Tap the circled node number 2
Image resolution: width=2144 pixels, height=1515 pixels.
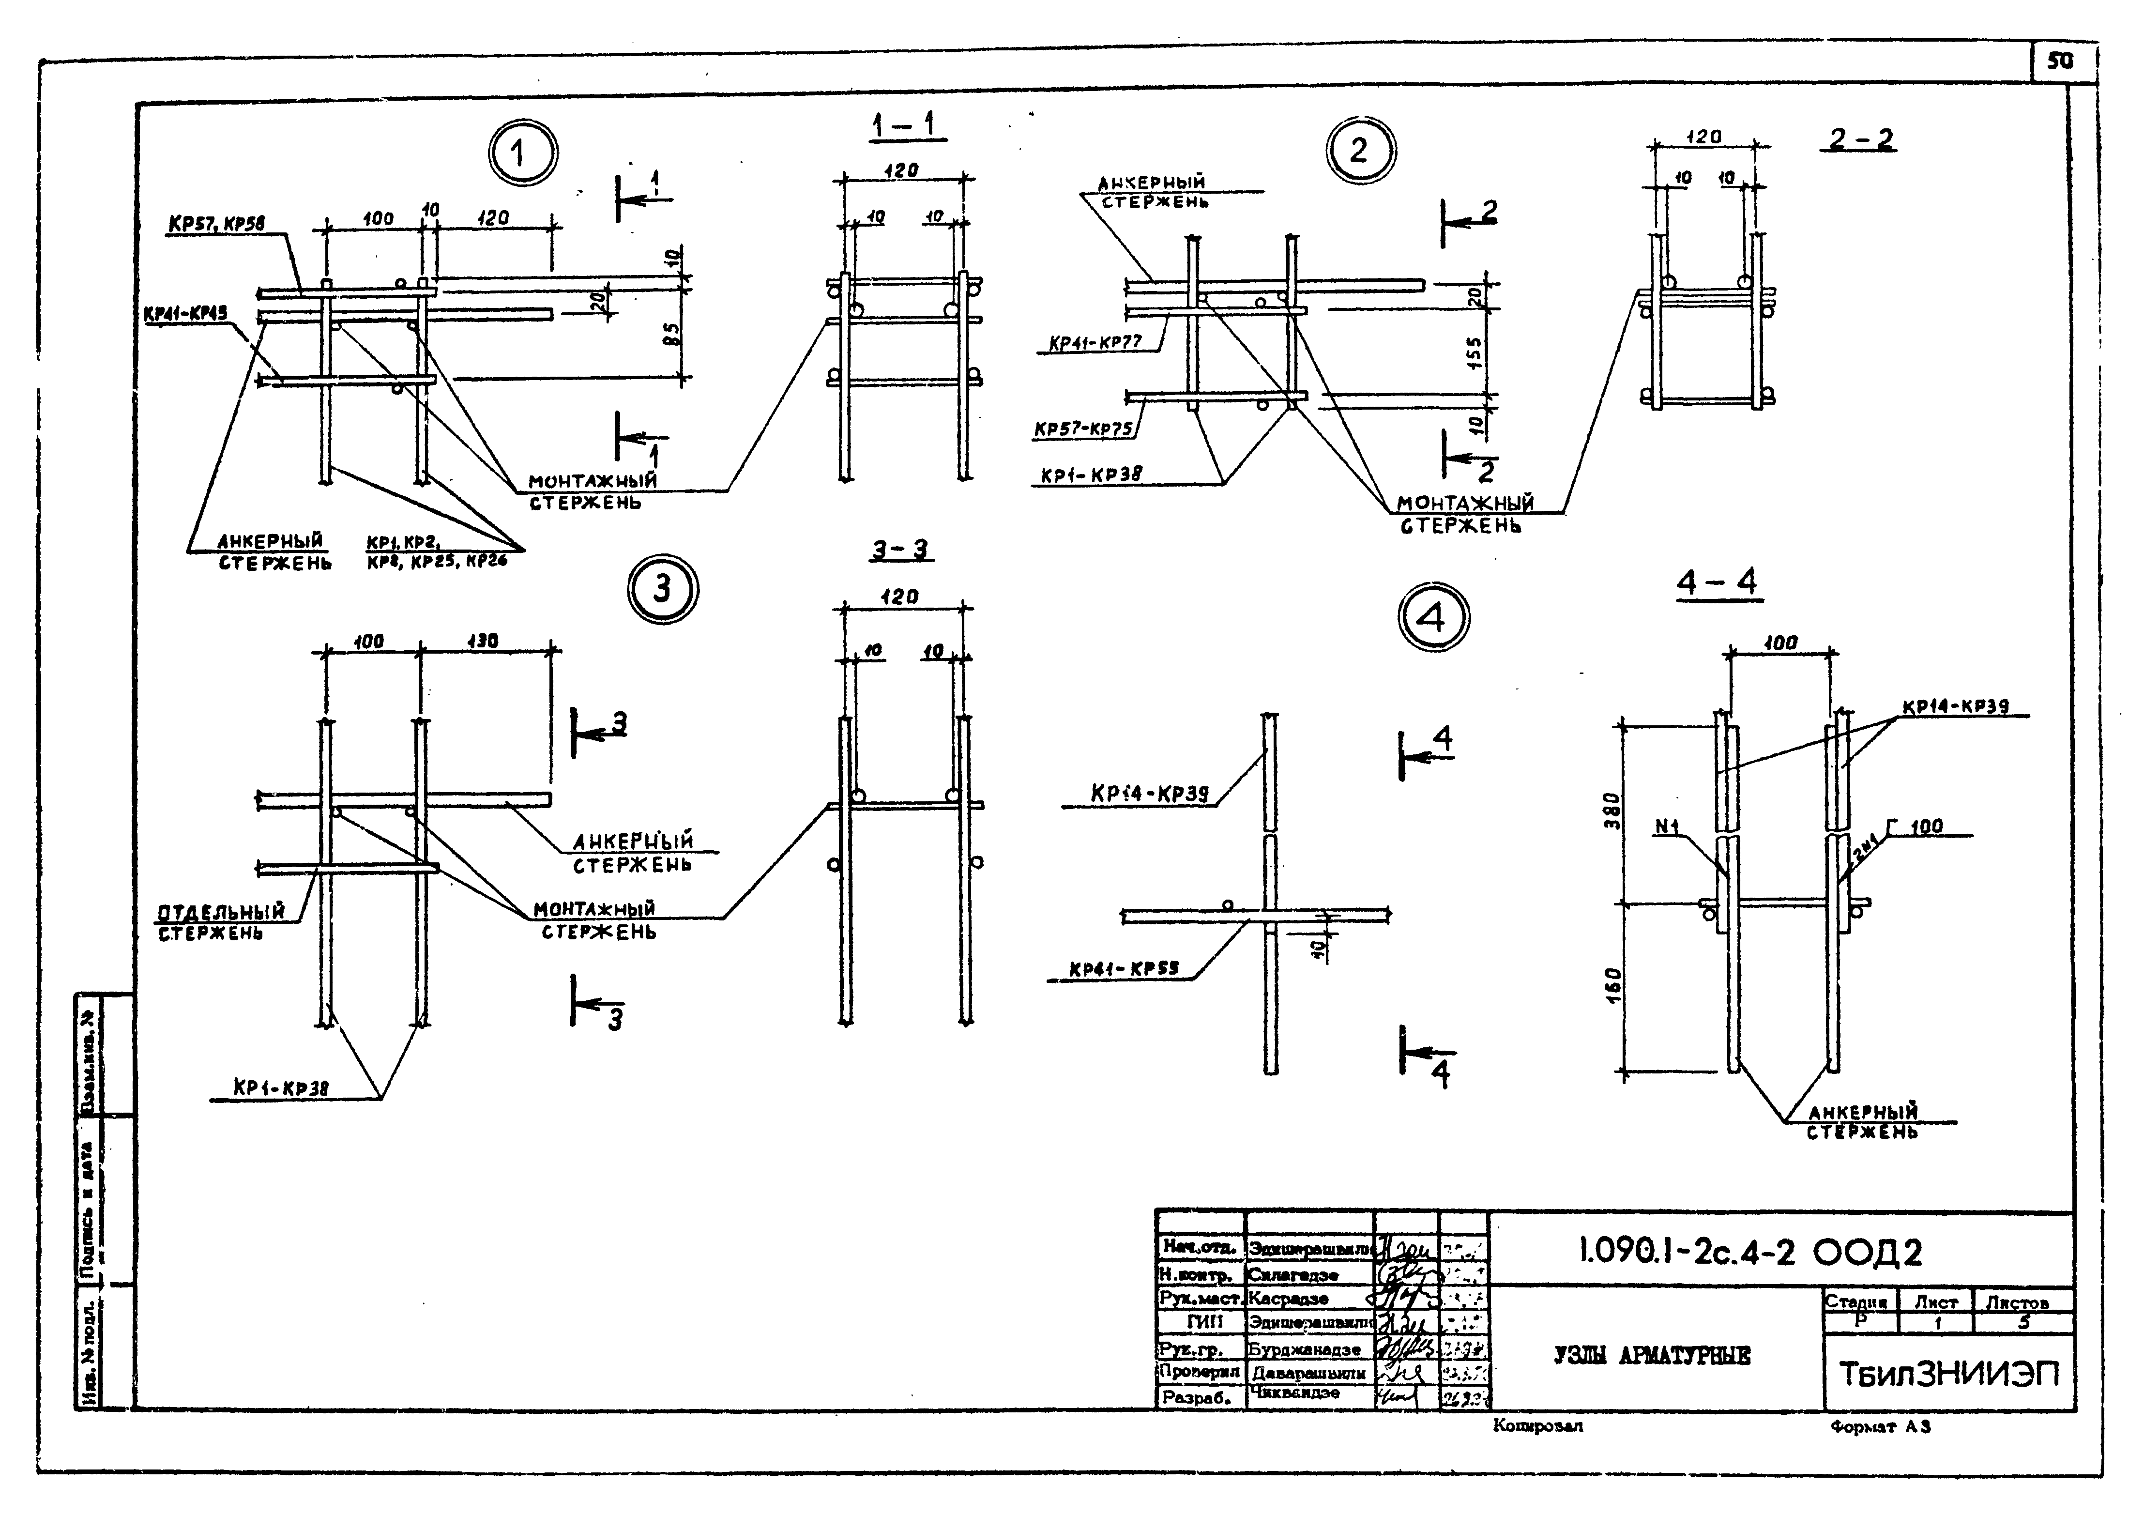click(1360, 151)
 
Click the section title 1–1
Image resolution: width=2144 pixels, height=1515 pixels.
click(905, 125)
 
